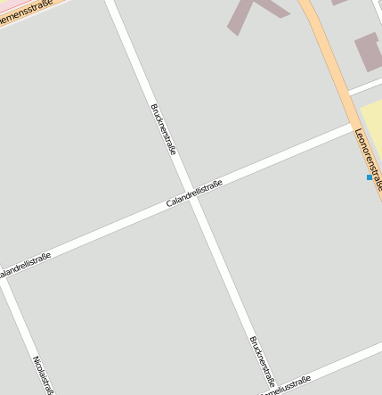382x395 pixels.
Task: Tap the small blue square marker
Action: [370, 177]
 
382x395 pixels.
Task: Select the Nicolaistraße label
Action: [44, 374]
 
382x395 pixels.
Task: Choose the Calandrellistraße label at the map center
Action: [194, 193]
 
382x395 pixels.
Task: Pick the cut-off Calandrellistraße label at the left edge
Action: [24, 265]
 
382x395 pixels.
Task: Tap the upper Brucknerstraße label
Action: [163, 129]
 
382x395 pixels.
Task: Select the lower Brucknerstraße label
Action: [263, 358]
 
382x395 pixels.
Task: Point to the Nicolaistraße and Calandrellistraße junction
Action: [4, 280]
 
